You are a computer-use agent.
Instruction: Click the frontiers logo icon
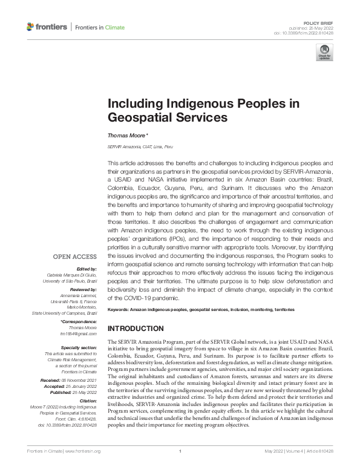coord(31,27)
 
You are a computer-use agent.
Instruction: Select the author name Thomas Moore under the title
coord(124,136)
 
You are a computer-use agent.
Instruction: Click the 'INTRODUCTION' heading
coord(135,329)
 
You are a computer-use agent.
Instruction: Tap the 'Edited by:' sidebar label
coord(87,269)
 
